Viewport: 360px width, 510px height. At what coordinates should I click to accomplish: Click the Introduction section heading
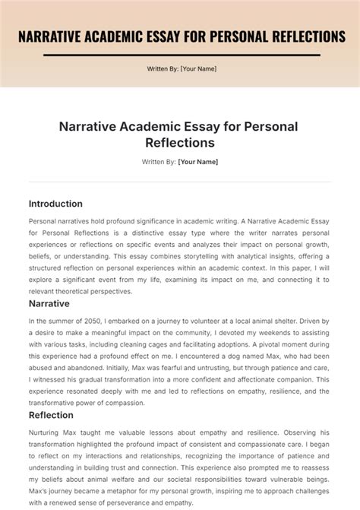[55, 204]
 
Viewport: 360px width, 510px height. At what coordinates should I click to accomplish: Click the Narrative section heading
[49, 303]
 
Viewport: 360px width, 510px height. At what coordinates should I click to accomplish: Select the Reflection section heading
[51, 415]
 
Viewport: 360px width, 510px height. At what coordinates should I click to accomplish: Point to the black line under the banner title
[180, 55]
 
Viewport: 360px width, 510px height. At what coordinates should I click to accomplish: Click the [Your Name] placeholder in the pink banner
[198, 69]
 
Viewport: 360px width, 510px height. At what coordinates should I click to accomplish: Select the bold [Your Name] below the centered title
[198, 162]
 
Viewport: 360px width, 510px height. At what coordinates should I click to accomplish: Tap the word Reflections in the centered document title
[180, 142]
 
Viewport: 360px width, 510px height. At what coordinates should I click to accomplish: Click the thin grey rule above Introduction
[180, 182]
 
